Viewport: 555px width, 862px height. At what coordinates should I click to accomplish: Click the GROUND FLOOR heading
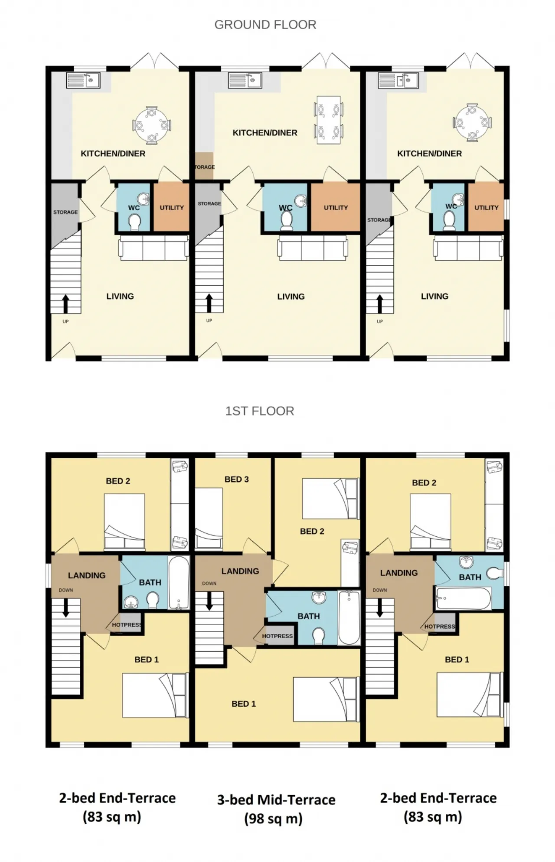click(265, 25)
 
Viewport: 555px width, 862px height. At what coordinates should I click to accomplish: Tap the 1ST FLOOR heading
click(259, 411)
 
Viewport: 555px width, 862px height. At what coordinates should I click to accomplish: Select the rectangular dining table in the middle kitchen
click(328, 120)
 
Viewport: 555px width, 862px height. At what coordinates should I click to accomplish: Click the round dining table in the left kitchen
click(151, 125)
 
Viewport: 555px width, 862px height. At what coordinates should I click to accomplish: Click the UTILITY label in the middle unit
click(336, 208)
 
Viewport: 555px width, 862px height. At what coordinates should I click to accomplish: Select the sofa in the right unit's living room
click(468, 248)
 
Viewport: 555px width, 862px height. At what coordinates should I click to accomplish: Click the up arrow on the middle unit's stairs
click(209, 303)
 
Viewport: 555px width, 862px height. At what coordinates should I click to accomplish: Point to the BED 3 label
click(236, 479)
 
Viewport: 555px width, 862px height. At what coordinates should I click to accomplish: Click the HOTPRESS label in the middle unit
click(277, 636)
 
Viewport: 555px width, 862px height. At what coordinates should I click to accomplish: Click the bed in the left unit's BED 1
click(155, 695)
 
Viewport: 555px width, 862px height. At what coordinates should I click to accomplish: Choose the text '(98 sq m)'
click(273, 819)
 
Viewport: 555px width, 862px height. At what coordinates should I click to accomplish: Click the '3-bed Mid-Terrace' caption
click(276, 800)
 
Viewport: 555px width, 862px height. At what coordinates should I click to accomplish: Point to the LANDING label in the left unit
click(87, 575)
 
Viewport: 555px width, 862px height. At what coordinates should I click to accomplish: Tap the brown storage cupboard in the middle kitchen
click(204, 166)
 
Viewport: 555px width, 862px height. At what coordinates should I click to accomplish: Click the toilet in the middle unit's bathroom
click(319, 636)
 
